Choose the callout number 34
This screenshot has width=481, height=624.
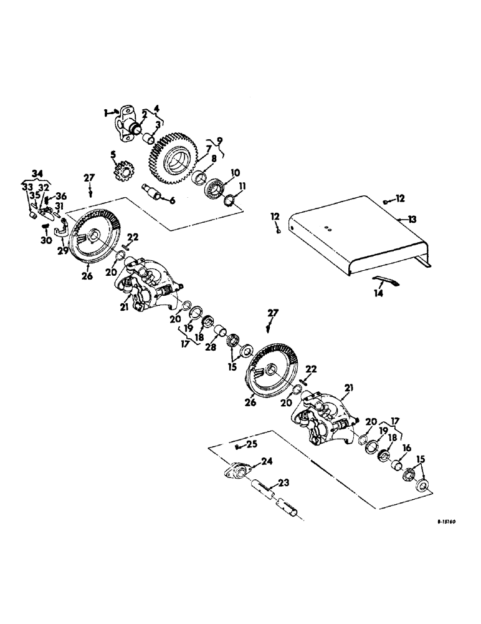(x=39, y=172)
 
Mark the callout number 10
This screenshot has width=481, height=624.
(x=218, y=173)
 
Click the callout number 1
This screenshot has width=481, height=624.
(x=106, y=112)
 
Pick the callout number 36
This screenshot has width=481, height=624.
(x=62, y=196)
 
